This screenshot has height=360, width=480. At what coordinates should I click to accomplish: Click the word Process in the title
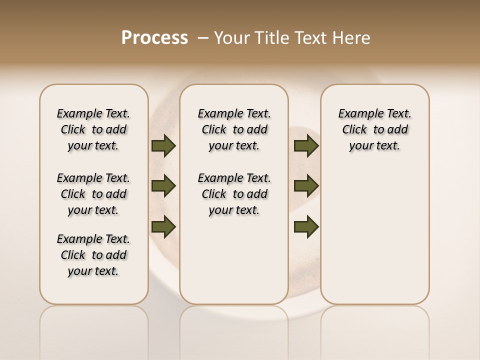click(154, 37)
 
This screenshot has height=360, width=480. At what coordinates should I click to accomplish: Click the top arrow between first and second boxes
click(163, 145)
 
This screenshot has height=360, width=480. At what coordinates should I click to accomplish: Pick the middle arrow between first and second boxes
click(163, 186)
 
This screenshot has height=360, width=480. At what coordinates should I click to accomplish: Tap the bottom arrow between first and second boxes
click(163, 226)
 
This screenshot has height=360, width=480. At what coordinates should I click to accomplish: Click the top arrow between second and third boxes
click(306, 145)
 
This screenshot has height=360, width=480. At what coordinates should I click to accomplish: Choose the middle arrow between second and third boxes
click(306, 186)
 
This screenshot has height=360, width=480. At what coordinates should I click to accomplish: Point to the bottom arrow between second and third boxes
click(306, 226)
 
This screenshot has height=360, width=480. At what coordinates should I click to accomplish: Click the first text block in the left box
click(93, 129)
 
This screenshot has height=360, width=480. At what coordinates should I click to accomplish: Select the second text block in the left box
click(93, 194)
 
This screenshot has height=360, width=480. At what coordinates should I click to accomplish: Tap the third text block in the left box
click(93, 255)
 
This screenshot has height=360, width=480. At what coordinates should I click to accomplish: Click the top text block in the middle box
click(234, 129)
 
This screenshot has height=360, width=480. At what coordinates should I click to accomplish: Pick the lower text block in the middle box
click(234, 194)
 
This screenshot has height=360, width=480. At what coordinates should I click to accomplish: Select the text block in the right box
click(374, 129)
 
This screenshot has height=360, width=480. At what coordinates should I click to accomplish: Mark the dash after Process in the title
click(202, 37)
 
